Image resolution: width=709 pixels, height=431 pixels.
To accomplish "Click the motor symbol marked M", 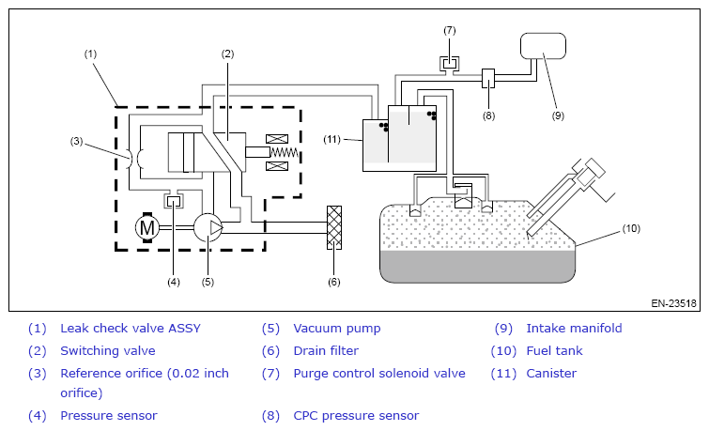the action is (146, 227).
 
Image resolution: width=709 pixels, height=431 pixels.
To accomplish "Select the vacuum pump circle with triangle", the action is (208, 227).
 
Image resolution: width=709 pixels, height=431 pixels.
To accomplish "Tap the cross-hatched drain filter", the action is (334, 227).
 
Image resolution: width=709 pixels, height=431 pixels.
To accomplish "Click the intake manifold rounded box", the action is (543, 46).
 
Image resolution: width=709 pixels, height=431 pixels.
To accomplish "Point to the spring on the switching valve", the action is (285, 152).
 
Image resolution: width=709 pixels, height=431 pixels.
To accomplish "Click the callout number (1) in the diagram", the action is (90, 54).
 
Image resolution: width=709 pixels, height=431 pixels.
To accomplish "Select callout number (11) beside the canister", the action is (331, 139).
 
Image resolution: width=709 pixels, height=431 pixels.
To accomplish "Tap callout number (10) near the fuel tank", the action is (631, 228).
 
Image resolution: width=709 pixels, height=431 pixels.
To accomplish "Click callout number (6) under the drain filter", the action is (333, 282).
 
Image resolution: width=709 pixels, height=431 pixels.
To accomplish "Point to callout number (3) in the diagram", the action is (76, 141).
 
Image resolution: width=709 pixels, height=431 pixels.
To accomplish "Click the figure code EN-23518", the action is (673, 303).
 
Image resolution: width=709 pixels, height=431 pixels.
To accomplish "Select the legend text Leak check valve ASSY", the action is (131, 329).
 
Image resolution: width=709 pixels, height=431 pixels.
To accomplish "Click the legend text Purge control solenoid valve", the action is (379, 374).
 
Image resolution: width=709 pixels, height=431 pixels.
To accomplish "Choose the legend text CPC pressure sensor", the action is (356, 416).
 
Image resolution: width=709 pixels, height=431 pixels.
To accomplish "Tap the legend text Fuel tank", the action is (554, 351).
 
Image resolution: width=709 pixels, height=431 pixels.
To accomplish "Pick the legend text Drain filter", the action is (326, 351).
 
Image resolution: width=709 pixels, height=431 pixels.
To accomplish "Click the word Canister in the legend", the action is (551, 374).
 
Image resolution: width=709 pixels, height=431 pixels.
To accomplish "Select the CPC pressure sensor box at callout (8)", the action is (488, 78).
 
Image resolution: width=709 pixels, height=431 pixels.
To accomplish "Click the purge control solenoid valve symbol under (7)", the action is (450, 64).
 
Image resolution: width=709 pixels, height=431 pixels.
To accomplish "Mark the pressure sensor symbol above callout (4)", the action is (174, 199).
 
